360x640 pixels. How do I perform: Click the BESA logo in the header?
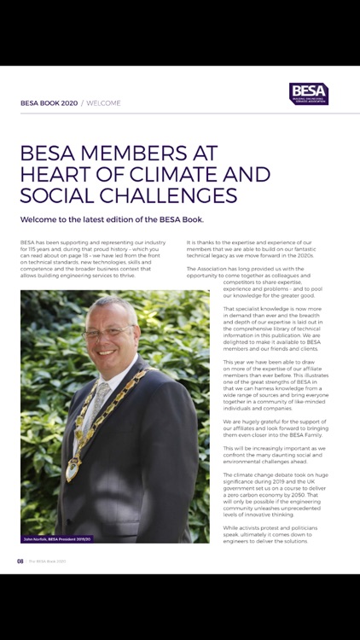308,93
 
